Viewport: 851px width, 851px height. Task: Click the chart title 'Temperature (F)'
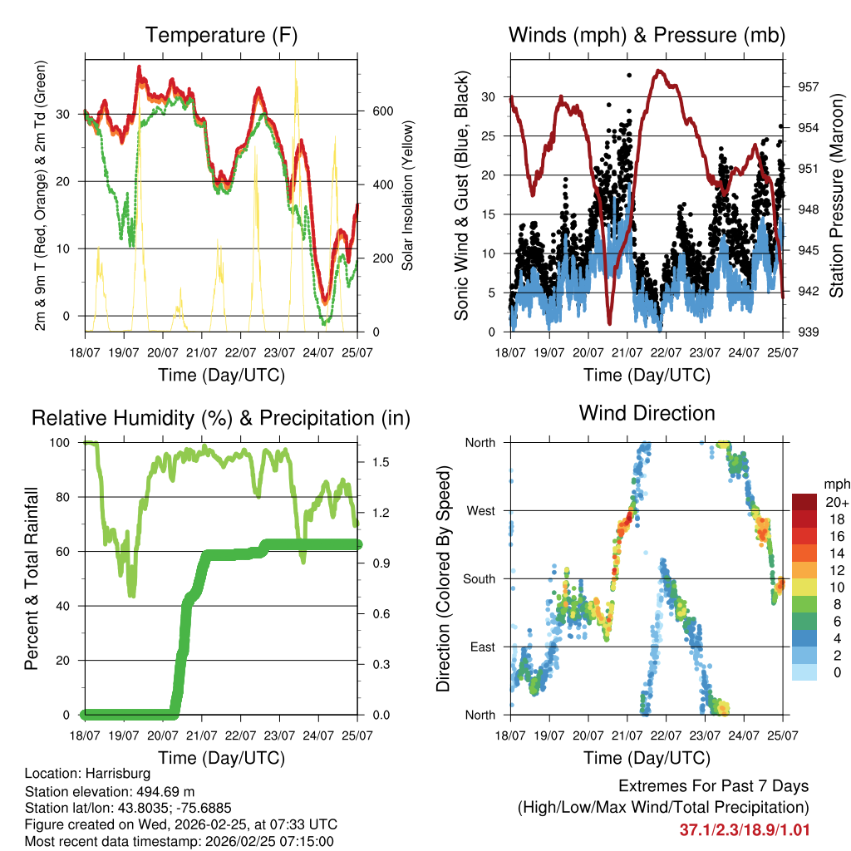[x=221, y=35]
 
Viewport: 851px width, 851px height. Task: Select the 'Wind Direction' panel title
[x=647, y=412]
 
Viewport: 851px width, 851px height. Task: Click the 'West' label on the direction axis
[x=480, y=510]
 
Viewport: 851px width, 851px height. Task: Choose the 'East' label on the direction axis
[x=481, y=647]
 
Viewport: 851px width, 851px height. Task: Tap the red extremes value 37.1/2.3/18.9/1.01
[x=744, y=829]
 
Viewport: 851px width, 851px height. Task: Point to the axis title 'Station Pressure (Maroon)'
[x=837, y=194]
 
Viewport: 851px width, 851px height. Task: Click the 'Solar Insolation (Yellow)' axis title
[x=408, y=194]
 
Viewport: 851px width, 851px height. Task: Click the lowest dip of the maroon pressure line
[x=609, y=322]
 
